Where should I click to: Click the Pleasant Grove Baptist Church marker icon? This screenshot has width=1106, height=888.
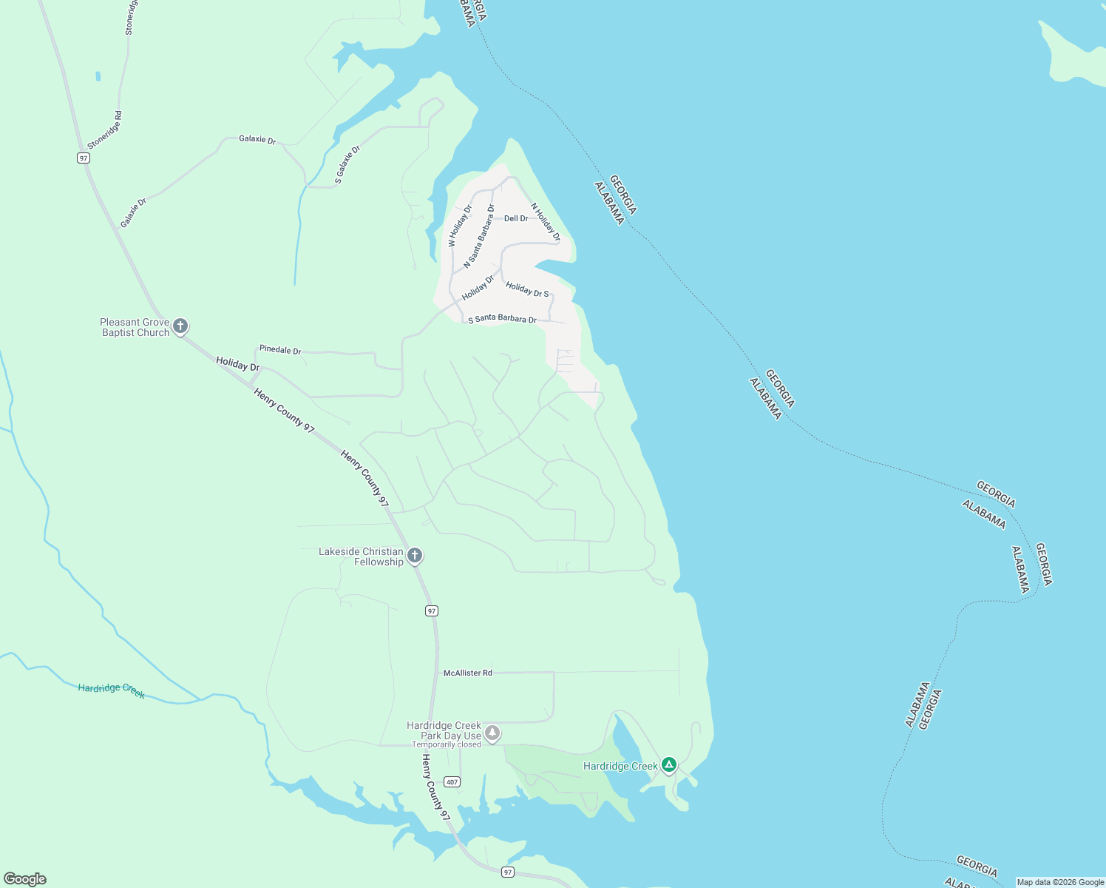pyautogui.click(x=180, y=326)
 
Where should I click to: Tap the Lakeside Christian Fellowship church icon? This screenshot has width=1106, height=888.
pyautogui.click(x=415, y=555)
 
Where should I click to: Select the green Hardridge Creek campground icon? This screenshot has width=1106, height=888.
pyautogui.click(x=669, y=764)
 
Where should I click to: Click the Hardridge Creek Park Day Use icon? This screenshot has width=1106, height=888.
pyautogui.click(x=492, y=733)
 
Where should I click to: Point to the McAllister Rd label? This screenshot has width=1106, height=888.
pyautogui.click(x=467, y=673)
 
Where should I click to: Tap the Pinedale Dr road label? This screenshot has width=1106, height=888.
pyautogui.click(x=280, y=350)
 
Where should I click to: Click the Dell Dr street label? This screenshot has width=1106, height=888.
pyautogui.click(x=516, y=218)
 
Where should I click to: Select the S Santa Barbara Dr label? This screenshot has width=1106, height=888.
pyautogui.click(x=502, y=319)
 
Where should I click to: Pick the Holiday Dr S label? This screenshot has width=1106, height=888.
pyautogui.click(x=527, y=289)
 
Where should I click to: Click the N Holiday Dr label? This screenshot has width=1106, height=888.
pyautogui.click(x=546, y=222)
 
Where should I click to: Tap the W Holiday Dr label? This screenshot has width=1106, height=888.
pyautogui.click(x=460, y=226)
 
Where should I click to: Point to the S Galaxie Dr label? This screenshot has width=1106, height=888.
pyautogui.click(x=347, y=164)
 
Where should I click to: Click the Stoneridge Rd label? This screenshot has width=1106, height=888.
pyautogui.click(x=104, y=130)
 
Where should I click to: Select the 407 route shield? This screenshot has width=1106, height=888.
pyautogui.click(x=452, y=782)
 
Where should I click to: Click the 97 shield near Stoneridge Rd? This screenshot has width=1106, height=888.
pyautogui.click(x=83, y=158)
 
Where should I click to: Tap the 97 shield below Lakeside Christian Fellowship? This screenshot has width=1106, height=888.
pyautogui.click(x=432, y=610)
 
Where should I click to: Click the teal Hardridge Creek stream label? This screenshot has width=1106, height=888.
pyautogui.click(x=111, y=690)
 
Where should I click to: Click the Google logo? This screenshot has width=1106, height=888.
pyautogui.click(x=25, y=879)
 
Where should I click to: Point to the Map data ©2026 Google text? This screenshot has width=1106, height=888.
pyautogui.click(x=1060, y=882)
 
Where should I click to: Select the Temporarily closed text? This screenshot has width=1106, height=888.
pyautogui.click(x=447, y=744)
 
